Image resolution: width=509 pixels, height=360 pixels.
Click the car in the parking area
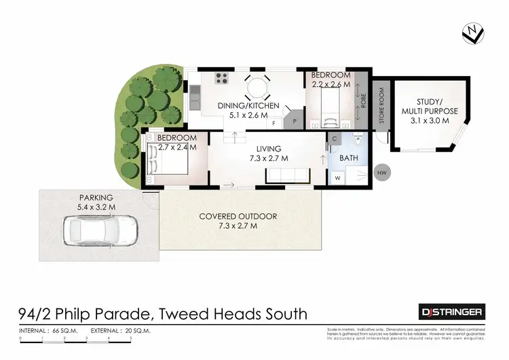(100, 231)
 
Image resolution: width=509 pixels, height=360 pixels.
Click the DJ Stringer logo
(450, 311)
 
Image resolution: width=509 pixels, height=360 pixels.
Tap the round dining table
(257, 87)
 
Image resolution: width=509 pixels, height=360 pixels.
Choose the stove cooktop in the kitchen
(221, 78)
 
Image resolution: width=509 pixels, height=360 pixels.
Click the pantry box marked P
(295, 121)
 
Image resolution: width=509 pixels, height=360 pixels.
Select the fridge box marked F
(274, 124)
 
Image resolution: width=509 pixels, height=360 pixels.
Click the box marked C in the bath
(335, 139)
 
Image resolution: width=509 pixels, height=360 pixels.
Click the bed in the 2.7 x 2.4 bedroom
(165, 163)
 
